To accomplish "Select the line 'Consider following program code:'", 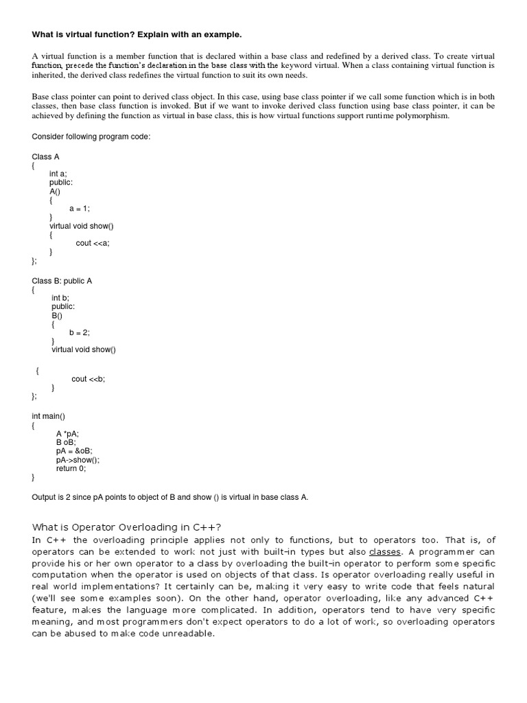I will pyautogui.click(x=91, y=137).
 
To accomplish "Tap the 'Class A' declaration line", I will pyautogui.click(x=46, y=157).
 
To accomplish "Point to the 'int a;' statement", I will pyautogui.click(x=58, y=174).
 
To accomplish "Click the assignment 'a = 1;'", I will pyautogui.click(x=80, y=208).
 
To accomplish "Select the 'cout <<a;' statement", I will pyautogui.click(x=93, y=243).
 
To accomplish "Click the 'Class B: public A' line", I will pyautogui.click(x=62, y=280).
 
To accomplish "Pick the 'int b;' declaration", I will pyautogui.click(x=60, y=297).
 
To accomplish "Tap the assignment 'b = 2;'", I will pyautogui.click(x=80, y=332).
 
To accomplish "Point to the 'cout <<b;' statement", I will pyautogui.click(x=89, y=379).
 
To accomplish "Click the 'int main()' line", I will pyautogui.click(x=49, y=416).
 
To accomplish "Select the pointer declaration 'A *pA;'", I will pyautogui.click(x=67, y=433).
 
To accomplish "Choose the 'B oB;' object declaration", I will pyautogui.click(x=66, y=442).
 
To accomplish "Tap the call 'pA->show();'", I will pyautogui.click(x=78, y=460).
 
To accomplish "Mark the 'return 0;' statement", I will pyautogui.click(x=71, y=468).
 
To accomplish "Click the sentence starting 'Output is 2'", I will pyautogui.click(x=170, y=497).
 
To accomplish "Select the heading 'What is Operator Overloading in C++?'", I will pyautogui.click(x=127, y=527).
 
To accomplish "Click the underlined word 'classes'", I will pyautogui.click(x=385, y=551).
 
